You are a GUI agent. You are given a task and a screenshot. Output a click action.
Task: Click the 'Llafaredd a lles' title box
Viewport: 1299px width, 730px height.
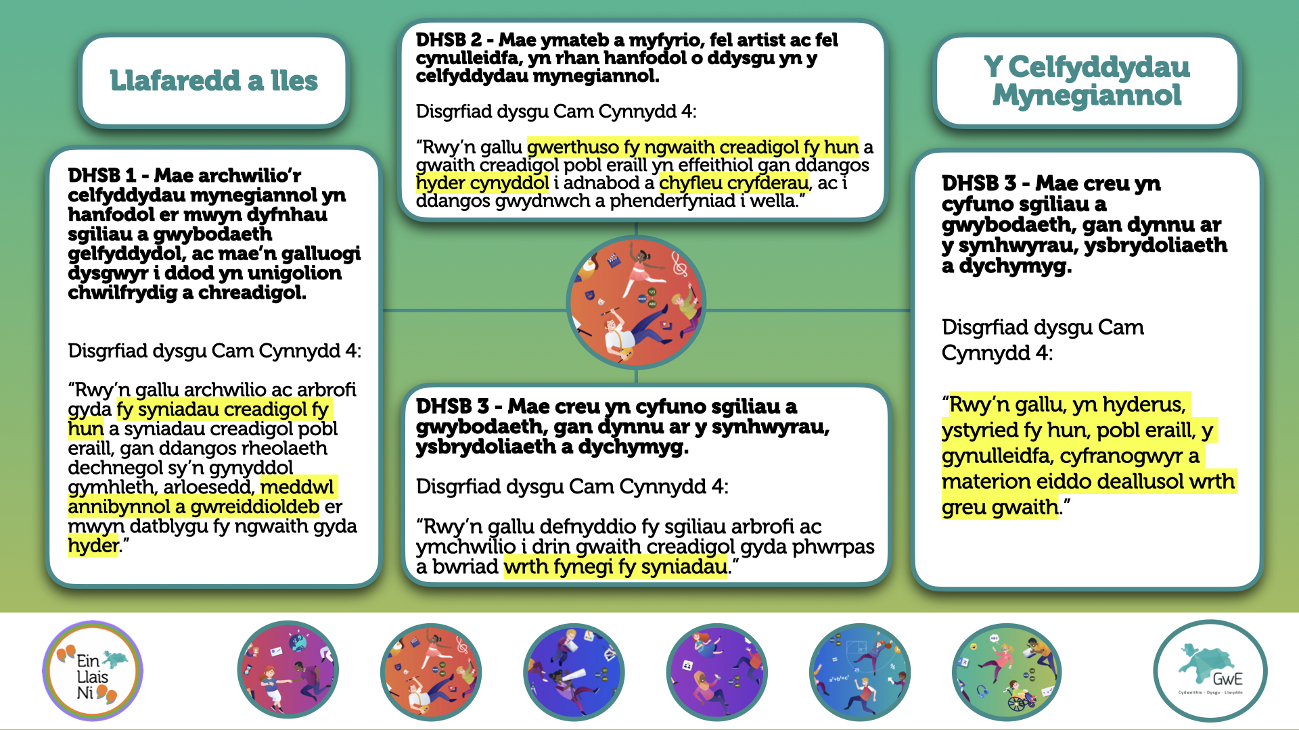[x=214, y=80]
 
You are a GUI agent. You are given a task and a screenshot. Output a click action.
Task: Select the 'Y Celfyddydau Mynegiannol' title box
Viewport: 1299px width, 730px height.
[x=1087, y=80]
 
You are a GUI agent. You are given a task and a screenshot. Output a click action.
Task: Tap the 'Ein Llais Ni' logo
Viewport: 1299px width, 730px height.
[x=93, y=672]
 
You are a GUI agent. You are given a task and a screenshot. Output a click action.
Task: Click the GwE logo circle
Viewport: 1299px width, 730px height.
[x=1210, y=672]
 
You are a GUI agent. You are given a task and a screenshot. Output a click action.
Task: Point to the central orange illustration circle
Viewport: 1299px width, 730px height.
[x=636, y=302]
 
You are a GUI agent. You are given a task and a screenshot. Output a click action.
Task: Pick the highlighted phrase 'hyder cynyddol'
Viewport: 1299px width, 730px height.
[x=482, y=183]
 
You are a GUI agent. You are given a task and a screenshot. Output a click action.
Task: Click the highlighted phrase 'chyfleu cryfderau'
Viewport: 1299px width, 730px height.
[x=734, y=183]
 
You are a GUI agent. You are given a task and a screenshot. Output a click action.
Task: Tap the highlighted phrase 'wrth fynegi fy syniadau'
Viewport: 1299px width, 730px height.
[x=616, y=566]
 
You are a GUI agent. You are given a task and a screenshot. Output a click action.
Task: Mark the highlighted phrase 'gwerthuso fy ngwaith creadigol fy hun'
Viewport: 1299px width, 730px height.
[x=693, y=147]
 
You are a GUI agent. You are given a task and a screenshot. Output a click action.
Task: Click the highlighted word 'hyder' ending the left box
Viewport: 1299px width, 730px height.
[x=93, y=545]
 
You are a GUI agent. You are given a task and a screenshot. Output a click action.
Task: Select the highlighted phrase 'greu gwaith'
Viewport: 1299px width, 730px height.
[x=1000, y=507]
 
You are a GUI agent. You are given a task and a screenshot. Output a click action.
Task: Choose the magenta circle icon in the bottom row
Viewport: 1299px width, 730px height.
[x=288, y=670]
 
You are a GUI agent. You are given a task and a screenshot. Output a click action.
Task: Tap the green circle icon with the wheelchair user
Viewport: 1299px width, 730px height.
[x=1006, y=672]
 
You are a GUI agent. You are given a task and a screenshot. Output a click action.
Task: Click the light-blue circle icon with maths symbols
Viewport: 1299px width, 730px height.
[x=860, y=672]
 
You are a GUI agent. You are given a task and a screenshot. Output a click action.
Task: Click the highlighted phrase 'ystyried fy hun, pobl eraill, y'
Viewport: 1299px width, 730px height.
[x=1078, y=430]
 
